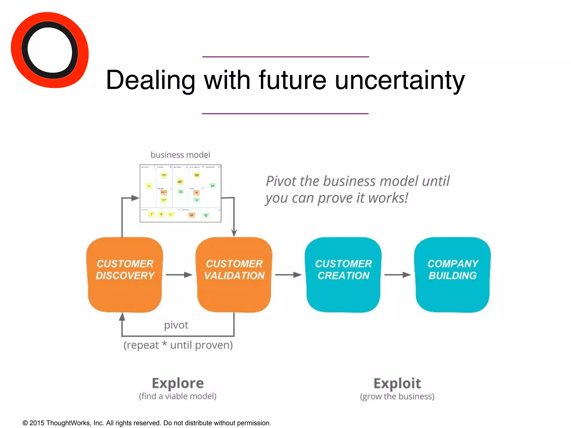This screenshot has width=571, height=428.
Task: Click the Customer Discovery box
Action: (x=125, y=274)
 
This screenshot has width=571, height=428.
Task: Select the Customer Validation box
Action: (x=234, y=274)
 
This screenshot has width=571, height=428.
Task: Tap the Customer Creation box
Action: (x=343, y=274)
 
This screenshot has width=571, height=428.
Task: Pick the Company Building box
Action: (x=453, y=274)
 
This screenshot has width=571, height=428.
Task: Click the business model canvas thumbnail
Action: (x=180, y=193)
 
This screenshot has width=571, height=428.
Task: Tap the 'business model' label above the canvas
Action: (x=180, y=155)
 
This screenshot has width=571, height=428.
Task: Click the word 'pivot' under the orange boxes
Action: (x=176, y=325)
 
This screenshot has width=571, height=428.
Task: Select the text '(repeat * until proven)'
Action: (x=178, y=345)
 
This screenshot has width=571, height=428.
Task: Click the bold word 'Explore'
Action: (x=178, y=383)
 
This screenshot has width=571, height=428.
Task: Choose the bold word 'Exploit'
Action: (x=397, y=383)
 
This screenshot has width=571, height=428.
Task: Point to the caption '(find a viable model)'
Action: (x=178, y=396)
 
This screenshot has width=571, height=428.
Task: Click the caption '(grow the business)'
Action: (x=397, y=397)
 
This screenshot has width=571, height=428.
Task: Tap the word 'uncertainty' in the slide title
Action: (x=400, y=80)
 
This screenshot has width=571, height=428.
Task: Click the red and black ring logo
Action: (x=50, y=50)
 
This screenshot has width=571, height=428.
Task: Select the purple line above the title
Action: (x=285, y=57)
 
